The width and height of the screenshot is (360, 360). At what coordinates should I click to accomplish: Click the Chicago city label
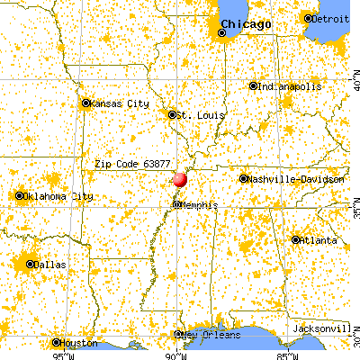(x=246, y=24)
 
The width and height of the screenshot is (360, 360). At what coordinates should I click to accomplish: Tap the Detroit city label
(x=330, y=18)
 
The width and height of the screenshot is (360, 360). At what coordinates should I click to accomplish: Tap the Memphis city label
(x=199, y=205)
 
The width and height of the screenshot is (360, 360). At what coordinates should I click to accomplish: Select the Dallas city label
(x=48, y=265)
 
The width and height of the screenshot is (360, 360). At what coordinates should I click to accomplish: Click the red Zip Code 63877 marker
(x=180, y=179)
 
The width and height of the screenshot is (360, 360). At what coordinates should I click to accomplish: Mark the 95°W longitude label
(x=62, y=354)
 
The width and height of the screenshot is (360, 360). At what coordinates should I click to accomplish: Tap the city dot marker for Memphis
(x=176, y=205)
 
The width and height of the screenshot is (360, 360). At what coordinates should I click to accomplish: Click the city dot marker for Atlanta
(x=296, y=239)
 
